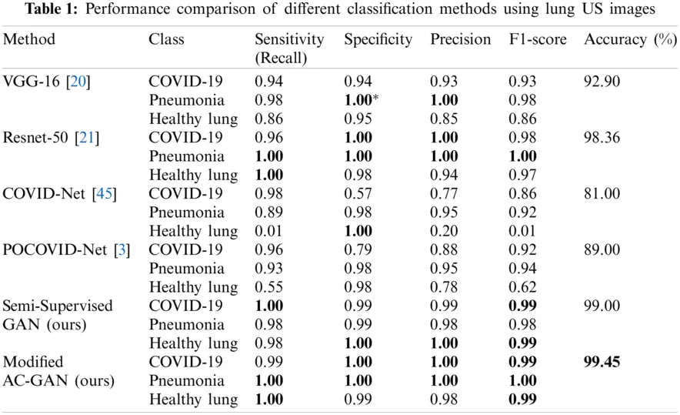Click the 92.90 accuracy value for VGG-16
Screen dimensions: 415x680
coord(602,81)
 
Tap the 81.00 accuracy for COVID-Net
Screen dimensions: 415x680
coord(602,193)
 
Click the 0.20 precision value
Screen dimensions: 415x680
coord(444,231)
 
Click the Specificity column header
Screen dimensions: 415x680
coord(378,39)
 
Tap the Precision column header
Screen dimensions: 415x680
coord(460,39)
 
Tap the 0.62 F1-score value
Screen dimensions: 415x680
coord(522,287)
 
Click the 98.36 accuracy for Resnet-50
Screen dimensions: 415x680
coord(602,137)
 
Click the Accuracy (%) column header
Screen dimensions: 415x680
coord(629,39)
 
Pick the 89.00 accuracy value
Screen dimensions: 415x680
coord(602,249)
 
